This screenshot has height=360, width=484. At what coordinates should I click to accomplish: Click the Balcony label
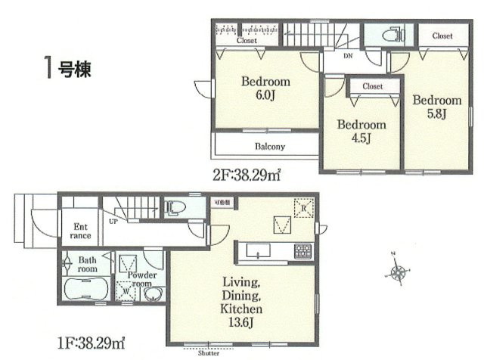coord(264,146)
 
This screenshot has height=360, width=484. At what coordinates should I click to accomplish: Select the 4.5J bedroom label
coord(361,131)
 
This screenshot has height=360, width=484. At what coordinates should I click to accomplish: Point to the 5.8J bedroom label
coord(436,107)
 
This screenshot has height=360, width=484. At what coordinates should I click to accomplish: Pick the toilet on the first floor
coord(171,206)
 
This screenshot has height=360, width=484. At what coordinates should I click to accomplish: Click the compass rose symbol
coord(399,270)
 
